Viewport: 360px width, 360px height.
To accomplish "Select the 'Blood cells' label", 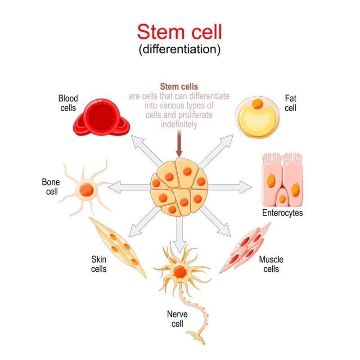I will (x=68, y=103).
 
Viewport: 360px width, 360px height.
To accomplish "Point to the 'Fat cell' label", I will (x=290, y=103).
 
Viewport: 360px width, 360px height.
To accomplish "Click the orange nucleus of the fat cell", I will (x=258, y=103).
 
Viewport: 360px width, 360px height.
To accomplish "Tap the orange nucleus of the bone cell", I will (x=86, y=190).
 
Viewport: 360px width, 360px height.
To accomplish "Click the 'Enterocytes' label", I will (x=282, y=213).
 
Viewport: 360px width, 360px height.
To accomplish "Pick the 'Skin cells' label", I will (x=99, y=264).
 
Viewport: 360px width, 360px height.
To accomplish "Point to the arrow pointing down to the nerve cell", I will (x=179, y=234).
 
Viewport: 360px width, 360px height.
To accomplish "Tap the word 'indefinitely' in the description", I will (x=179, y=125).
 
